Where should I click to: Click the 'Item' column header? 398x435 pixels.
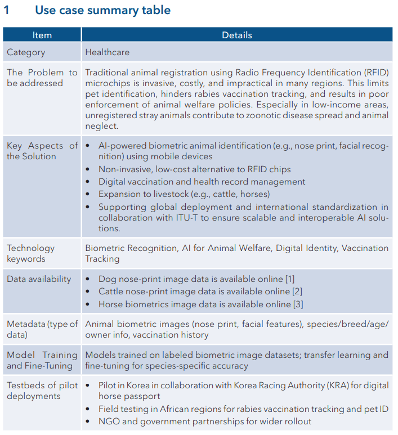pyautogui.click(x=42, y=35)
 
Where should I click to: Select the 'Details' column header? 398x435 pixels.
pyautogui.click(x=236, y=35)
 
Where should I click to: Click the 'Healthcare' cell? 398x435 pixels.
pyautogui.click(x=107, y=52)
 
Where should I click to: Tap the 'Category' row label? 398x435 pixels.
pyautogui.click(x=26, y=52)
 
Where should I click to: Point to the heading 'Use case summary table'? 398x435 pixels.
pyautogui.click(x=102, y=10)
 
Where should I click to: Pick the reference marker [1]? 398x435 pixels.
pyautogui.click(x=289, y=279)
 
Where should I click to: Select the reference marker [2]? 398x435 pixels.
pyautogui.click(x=297, y=292)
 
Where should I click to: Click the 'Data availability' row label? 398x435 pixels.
pyautogui.click(x=39, y=279)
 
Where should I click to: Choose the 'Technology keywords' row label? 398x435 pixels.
pyautogui.click(x=31, y=253)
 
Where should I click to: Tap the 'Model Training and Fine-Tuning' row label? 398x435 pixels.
pyautogui.click(x=42, y=360)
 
